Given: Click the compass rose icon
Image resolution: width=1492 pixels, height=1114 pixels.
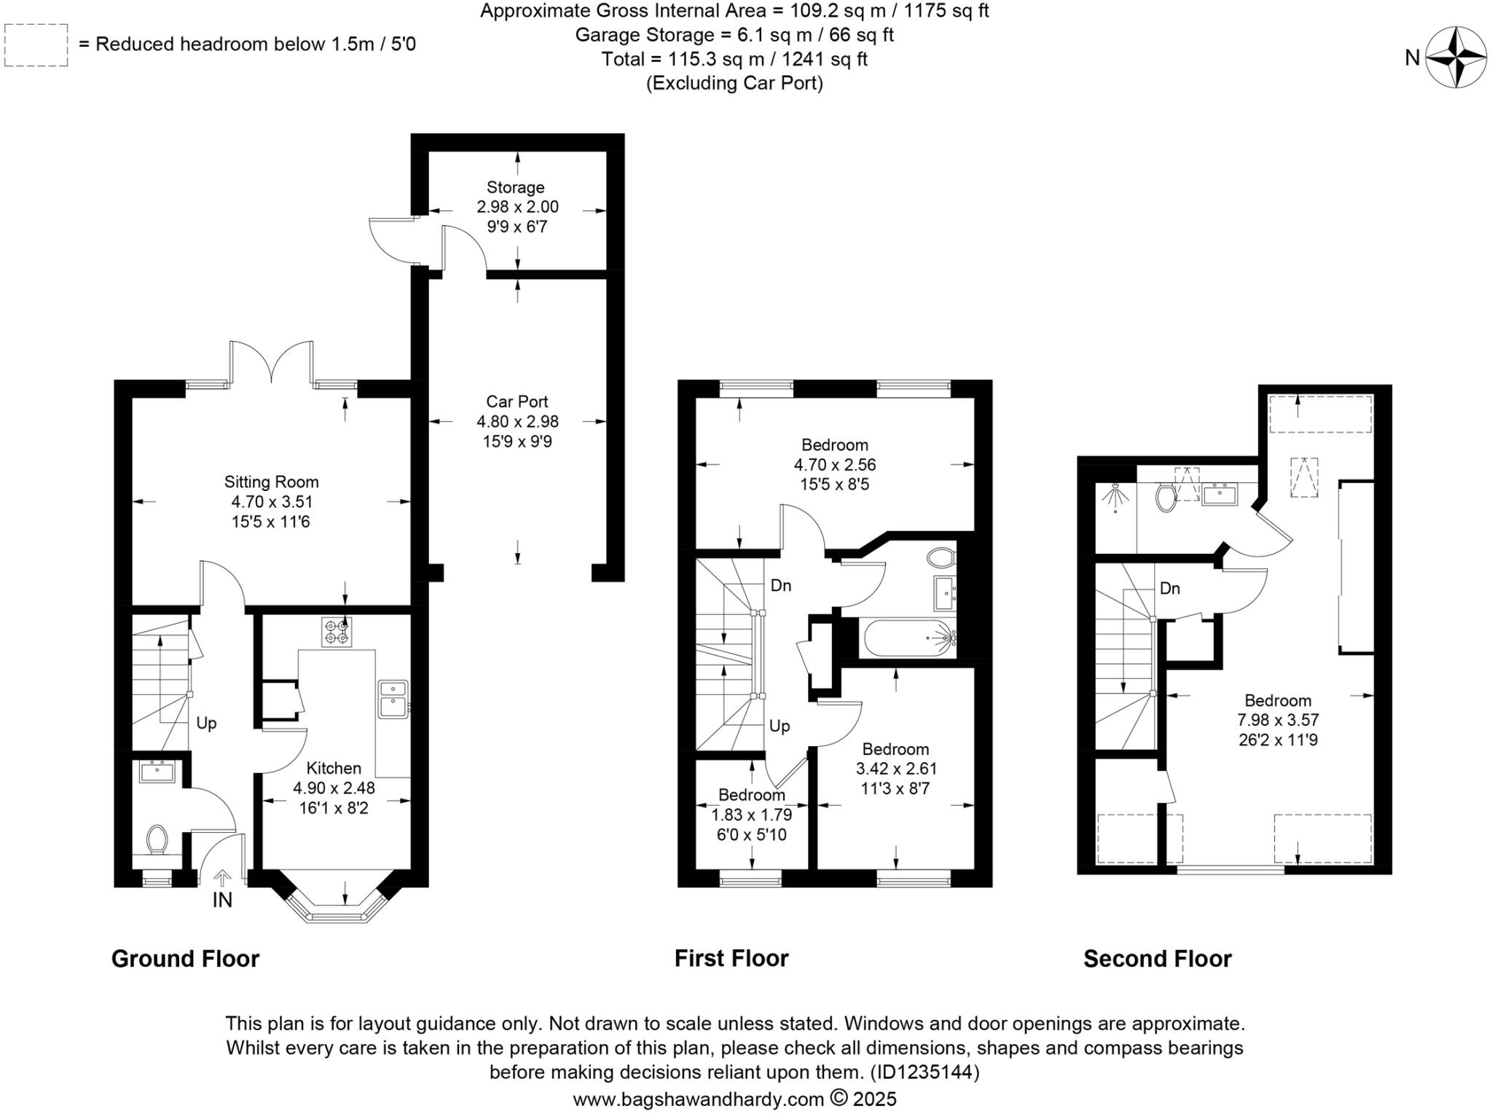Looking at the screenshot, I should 1455,57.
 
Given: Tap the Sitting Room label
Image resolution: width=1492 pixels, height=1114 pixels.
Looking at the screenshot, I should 271,482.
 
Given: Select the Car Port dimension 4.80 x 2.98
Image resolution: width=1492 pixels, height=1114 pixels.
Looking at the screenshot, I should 517,421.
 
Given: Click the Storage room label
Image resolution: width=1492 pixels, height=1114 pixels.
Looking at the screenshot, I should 516,187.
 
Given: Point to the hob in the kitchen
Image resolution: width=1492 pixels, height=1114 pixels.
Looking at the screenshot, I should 337,632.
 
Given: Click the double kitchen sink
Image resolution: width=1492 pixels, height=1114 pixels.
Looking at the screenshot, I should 393,698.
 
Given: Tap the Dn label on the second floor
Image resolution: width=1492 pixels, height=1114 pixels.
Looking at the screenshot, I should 1169,588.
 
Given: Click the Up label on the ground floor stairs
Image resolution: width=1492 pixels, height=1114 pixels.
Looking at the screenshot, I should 206,723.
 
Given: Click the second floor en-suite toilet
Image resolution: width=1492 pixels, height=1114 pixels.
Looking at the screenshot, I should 1165,499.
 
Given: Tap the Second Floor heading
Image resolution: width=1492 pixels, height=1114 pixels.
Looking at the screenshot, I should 1157,958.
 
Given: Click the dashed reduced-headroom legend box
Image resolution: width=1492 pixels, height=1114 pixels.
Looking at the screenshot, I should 36,45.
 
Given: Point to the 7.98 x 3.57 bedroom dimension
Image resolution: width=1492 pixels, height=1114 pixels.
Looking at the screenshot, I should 1278,720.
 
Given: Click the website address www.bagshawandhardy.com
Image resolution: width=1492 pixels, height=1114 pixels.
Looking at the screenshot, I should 698,1099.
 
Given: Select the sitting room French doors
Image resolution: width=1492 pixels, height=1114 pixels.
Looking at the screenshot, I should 272,362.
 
